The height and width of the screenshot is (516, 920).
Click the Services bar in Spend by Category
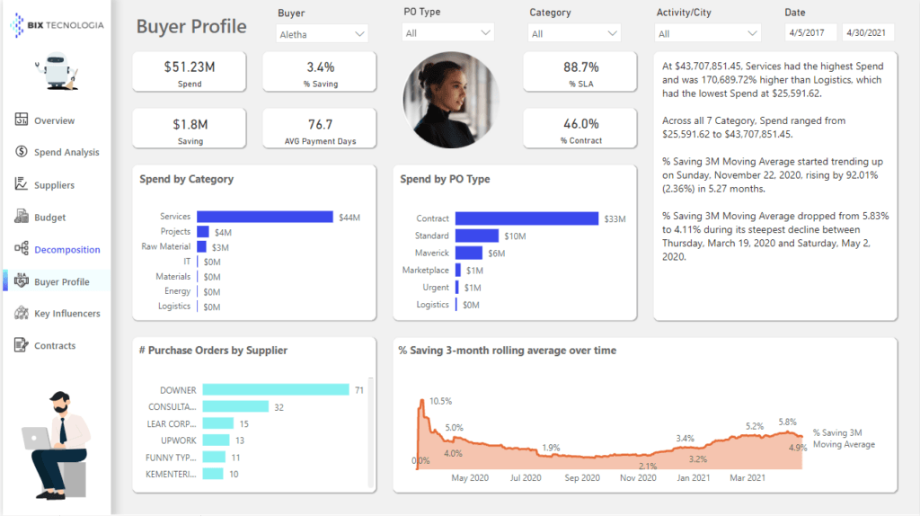point(264,217)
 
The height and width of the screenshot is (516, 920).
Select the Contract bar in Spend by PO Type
point(526,218)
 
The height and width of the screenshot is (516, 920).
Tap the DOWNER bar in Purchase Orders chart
point(275,389)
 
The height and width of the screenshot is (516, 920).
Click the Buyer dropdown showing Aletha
point(322,33)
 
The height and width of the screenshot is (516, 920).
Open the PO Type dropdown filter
point(447,33)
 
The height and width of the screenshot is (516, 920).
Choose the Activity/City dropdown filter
point(708,33)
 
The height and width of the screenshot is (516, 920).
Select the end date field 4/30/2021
point(866,33)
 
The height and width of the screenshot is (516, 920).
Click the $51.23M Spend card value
point(189,67)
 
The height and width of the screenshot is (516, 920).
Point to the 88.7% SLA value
point(580,67)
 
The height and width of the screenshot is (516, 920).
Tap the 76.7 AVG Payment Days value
point(320,124)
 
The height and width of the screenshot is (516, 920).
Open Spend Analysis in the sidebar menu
point(66,153)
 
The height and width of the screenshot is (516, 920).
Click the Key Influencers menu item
point(67,314)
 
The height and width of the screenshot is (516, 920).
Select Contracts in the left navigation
point(55,346)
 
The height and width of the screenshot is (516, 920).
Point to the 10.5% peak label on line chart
point(440,401)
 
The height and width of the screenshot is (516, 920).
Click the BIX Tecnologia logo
point(57,25)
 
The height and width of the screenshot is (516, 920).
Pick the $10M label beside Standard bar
point(515,236)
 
